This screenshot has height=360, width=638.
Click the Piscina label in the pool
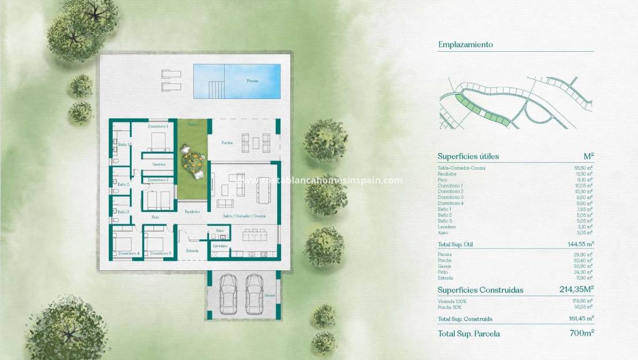(252, 81)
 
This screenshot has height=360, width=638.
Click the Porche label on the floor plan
(228, 143)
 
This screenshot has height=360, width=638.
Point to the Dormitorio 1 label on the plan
(157, 126)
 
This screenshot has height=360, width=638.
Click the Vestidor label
(159, 164)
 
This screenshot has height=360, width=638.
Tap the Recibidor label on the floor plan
(192, 212)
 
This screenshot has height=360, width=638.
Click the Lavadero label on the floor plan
(220, 246)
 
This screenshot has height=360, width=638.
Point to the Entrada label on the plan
(193, 251)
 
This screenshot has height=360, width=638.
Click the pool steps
(216, 90)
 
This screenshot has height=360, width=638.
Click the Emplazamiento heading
(466, 44)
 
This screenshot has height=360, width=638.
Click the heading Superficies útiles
(468, 156)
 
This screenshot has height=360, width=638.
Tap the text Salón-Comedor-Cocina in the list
(462, 168)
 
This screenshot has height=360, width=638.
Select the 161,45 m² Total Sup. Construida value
(579, 319)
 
